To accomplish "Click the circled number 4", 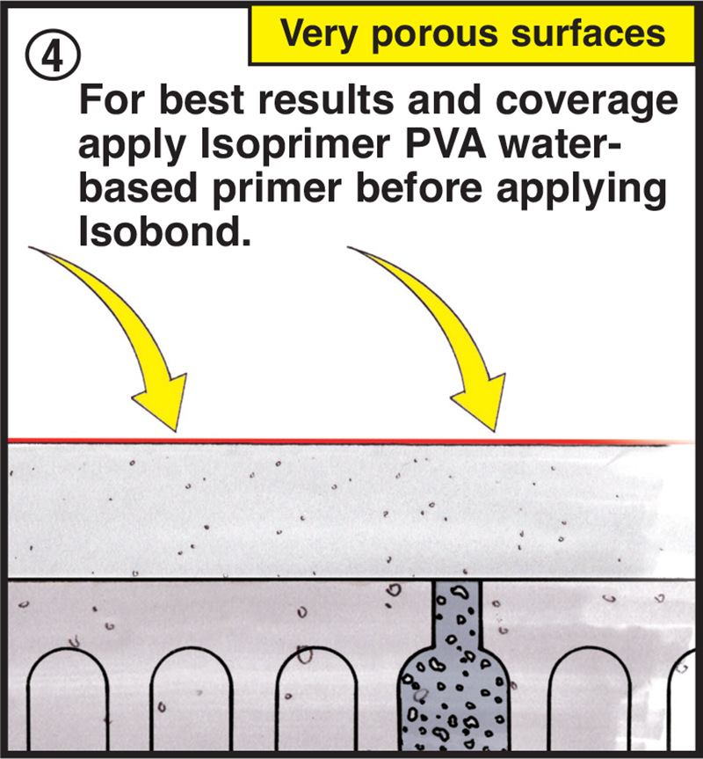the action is point(53,55).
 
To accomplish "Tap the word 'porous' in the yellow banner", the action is point(434,35).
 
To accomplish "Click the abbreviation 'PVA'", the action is point(446,143).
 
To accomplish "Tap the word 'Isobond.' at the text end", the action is point(165,230).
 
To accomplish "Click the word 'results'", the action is point(326,99).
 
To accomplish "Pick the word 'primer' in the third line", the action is point(277,190).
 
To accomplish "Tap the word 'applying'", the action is point(582,190).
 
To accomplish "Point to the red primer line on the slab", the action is point(351,441).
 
